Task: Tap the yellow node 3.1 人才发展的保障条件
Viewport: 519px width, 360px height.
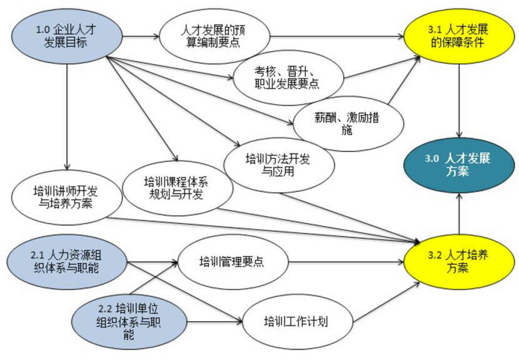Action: click(459, 37)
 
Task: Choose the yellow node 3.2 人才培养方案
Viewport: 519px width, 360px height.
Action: click(459, 262)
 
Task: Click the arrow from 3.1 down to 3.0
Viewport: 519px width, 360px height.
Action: click(459, 100)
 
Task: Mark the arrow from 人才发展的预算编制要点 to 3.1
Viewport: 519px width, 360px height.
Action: click(338, 37)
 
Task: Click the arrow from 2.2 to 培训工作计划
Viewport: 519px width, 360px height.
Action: click(215, 322)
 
